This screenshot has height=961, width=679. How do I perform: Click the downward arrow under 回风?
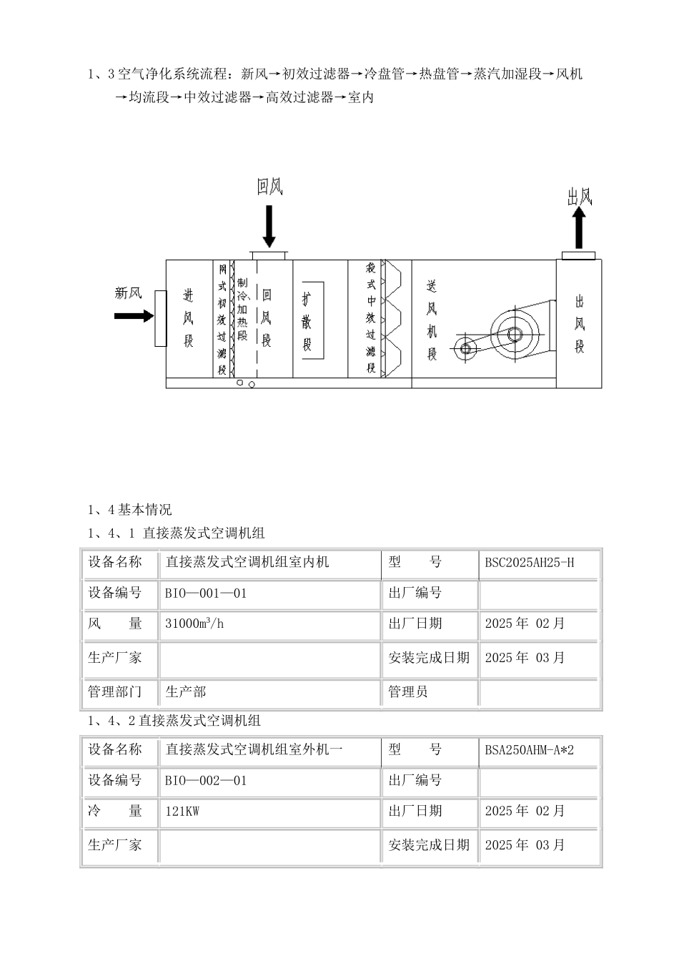point(269,226)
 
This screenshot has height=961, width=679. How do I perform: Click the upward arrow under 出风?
point(578,227)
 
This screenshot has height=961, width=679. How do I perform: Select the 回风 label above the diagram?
point(270,187)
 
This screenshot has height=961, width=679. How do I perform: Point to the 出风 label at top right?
point(580,197)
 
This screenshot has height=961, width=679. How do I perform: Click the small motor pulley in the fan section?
point(466,349)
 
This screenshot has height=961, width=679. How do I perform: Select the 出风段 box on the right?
point(579,323)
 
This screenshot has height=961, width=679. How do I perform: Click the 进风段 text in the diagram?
point(188,317)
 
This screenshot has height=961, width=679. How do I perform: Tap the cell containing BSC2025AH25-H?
point(540,563)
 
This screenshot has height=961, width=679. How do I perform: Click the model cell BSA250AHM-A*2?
point(540,750)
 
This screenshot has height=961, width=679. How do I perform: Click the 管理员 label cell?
point(429,691)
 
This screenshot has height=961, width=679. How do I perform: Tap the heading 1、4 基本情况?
point(129,510)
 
